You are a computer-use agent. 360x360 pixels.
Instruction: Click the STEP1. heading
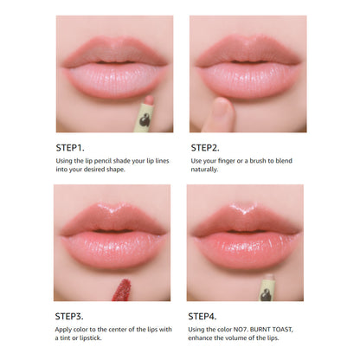click(x=70, y=148)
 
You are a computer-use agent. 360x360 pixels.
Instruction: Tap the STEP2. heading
click(x=205, y=148)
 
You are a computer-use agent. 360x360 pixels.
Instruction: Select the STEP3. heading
click(x=69, y=317)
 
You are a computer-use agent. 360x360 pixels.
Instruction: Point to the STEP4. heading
click(x=202, y=317)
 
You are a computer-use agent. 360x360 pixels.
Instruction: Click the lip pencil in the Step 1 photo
click(x=145, y=114)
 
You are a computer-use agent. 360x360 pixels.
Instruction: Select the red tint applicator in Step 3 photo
click(x=122, y=290)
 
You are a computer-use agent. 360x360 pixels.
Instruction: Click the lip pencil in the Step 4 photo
click(x=267, y=287)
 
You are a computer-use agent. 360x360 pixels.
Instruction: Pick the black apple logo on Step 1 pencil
click(x=145, y=120)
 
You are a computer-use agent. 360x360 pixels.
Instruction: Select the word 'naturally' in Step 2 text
click(x=204, y=170)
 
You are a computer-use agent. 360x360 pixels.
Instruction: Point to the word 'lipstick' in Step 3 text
click(x=90, y=337)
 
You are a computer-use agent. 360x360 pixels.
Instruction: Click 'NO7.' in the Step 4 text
click(x=241, y=330)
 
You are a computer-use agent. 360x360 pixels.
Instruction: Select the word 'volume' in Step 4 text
click(x=245, y=337)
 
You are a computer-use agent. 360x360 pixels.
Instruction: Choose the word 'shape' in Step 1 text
click(x=116, y=170)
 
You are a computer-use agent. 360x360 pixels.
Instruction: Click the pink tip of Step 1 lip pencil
click(x=150, y=100)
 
